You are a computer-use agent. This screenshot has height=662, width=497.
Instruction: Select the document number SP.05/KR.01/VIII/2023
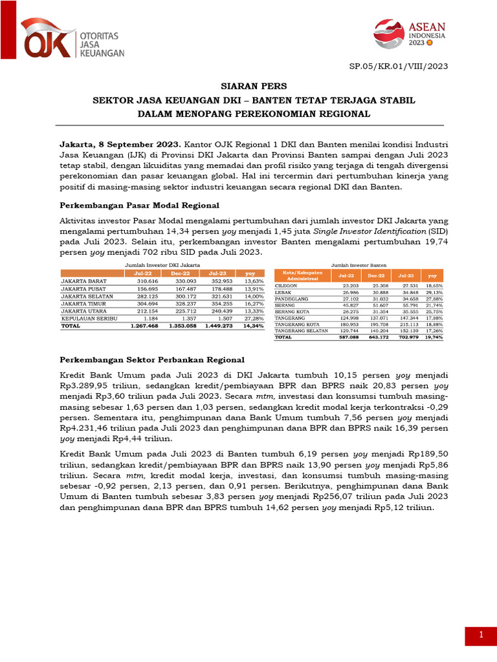tap(398, 66)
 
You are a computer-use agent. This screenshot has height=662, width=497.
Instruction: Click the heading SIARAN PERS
tap(249, 87)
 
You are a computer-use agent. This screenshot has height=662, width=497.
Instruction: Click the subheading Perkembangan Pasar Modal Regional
tap(139, 206)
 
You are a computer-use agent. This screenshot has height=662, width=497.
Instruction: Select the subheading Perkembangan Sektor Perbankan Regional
tap(152, 359)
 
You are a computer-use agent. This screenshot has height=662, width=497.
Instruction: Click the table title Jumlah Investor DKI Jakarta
tap(162, 265)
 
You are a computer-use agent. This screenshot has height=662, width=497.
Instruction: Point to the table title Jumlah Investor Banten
tap(359, 265)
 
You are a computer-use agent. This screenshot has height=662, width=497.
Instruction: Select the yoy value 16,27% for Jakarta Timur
tap(254, 303)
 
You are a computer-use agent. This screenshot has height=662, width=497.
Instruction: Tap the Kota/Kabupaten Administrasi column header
tap(302, 275)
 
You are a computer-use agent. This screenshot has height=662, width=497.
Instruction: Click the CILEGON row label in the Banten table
tap(287, 285)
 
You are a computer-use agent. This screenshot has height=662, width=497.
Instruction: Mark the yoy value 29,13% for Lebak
tap(433, 292)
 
